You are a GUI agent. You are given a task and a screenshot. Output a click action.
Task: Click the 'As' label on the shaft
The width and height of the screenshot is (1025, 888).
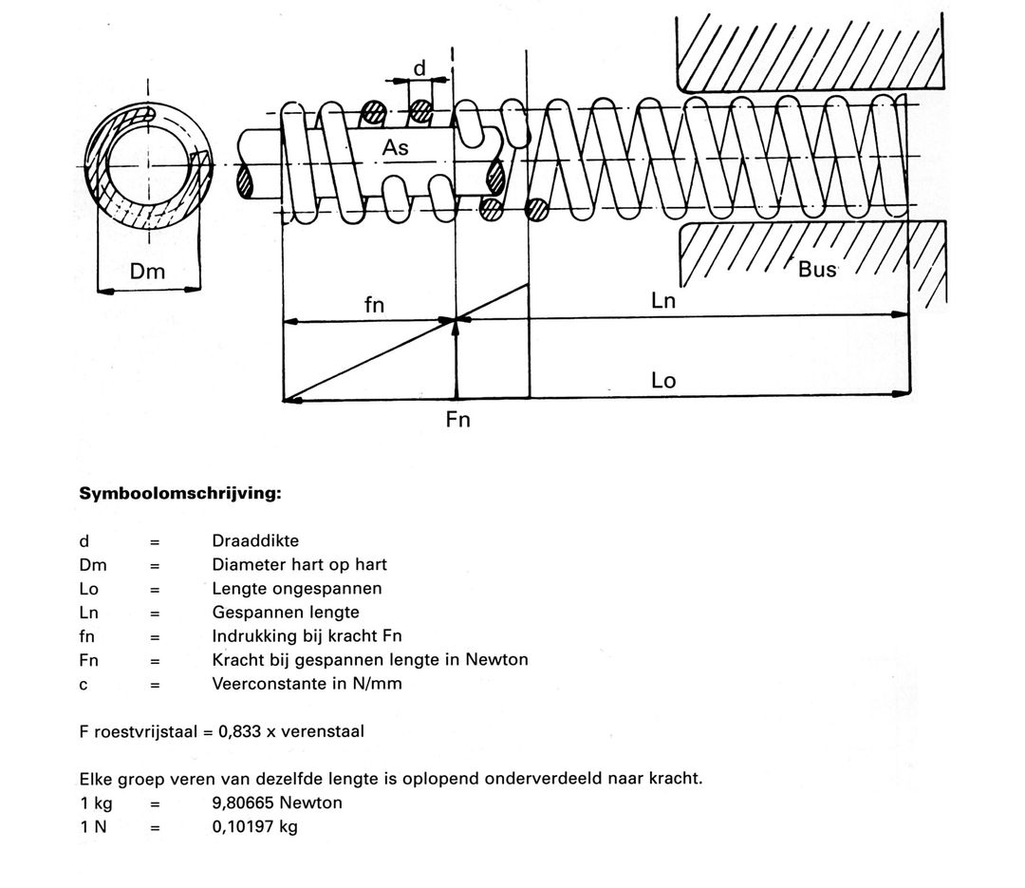[396, 149]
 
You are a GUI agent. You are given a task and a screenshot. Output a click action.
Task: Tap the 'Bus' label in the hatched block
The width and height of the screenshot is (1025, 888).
[817, 269]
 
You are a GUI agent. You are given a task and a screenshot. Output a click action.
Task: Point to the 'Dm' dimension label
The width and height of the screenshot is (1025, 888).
[147, 272]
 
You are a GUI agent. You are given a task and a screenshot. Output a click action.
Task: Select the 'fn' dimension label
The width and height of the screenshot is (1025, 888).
[375, 305]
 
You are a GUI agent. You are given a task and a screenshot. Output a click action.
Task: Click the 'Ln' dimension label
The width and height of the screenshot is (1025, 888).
[663, 301]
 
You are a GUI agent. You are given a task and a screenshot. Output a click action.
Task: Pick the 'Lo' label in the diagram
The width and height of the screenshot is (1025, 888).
[663, 381]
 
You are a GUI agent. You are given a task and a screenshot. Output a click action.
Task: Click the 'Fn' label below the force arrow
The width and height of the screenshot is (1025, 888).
[457, 419]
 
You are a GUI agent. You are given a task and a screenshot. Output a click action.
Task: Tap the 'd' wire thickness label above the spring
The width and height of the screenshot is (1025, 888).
[419, 67]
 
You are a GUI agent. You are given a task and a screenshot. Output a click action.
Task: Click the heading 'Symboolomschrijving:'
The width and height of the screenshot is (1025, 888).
[180, 494]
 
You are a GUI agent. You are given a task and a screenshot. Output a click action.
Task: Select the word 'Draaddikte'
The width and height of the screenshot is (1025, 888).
[254, 541]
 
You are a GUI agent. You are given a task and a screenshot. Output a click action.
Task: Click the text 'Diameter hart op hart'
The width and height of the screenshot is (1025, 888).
[299, 565]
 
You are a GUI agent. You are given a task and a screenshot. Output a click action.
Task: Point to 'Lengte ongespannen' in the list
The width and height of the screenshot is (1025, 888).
[296, 589]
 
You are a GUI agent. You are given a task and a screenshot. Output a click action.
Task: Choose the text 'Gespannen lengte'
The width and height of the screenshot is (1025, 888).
[285, 613]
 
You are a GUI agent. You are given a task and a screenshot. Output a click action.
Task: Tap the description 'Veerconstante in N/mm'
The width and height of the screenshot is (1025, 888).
[307, 684]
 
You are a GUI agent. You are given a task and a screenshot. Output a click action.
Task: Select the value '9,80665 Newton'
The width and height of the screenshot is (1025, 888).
[277, 803]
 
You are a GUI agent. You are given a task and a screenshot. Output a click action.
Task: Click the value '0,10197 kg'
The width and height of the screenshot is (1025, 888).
[254, 826]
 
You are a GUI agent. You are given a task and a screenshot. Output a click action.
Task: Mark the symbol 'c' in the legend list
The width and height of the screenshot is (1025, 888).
[84, 684]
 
